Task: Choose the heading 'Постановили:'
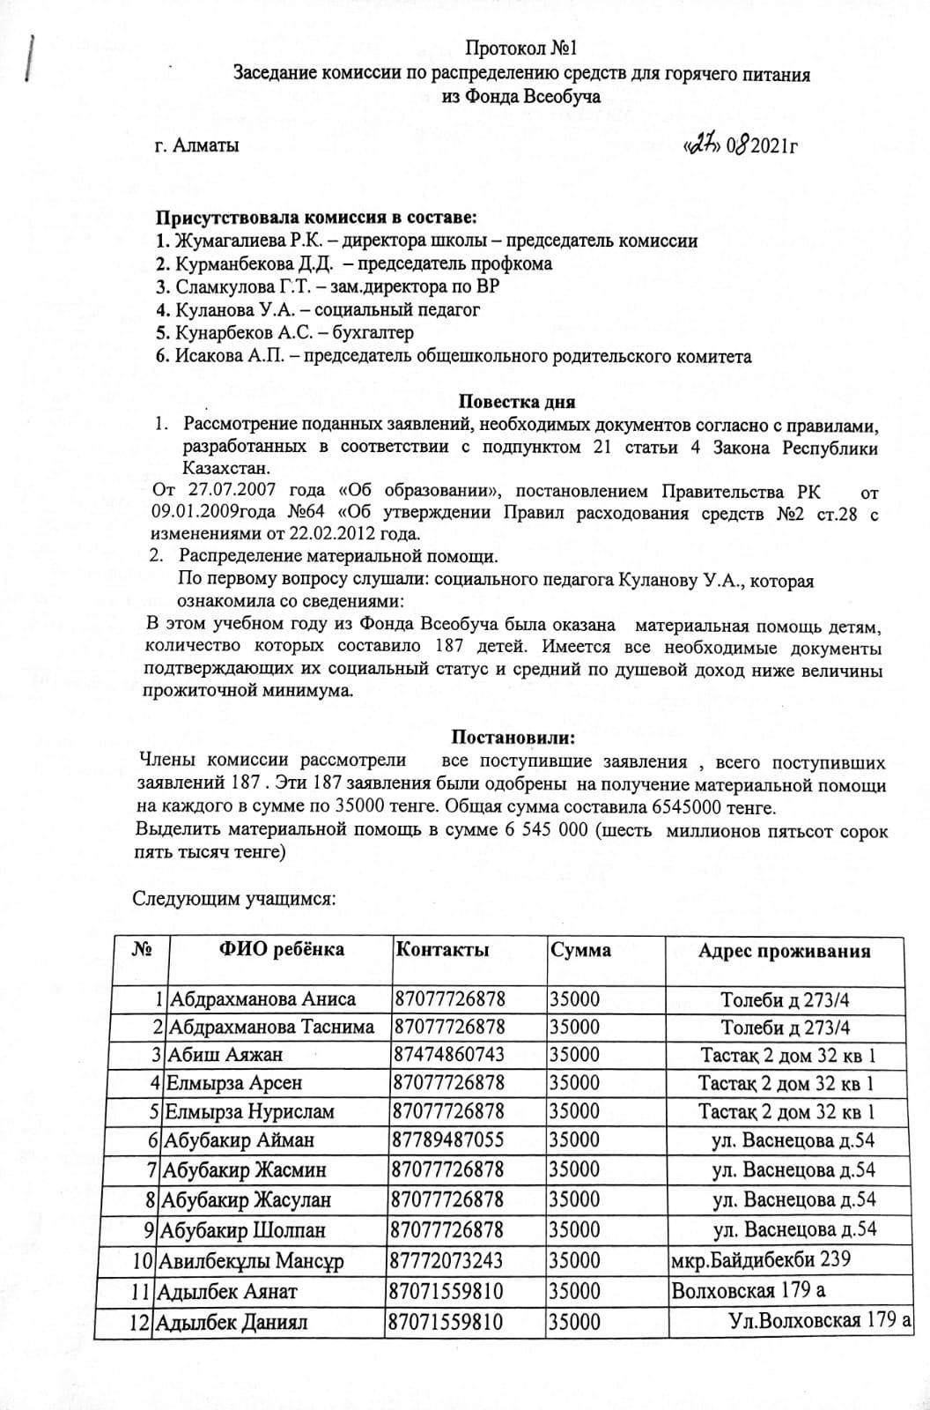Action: pyautogui.click(x=513, y=736)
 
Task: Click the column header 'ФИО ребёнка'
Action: pyautogui.click(x=281, y=950)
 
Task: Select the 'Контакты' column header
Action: pyautogui.click(x=442, y=950)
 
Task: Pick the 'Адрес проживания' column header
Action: pyautogui.click(x=784, y=950)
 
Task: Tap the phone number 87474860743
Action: pyautogui.click(x=451, y=1055)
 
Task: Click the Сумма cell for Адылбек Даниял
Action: pyautogui.click(x=574, y=1322)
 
